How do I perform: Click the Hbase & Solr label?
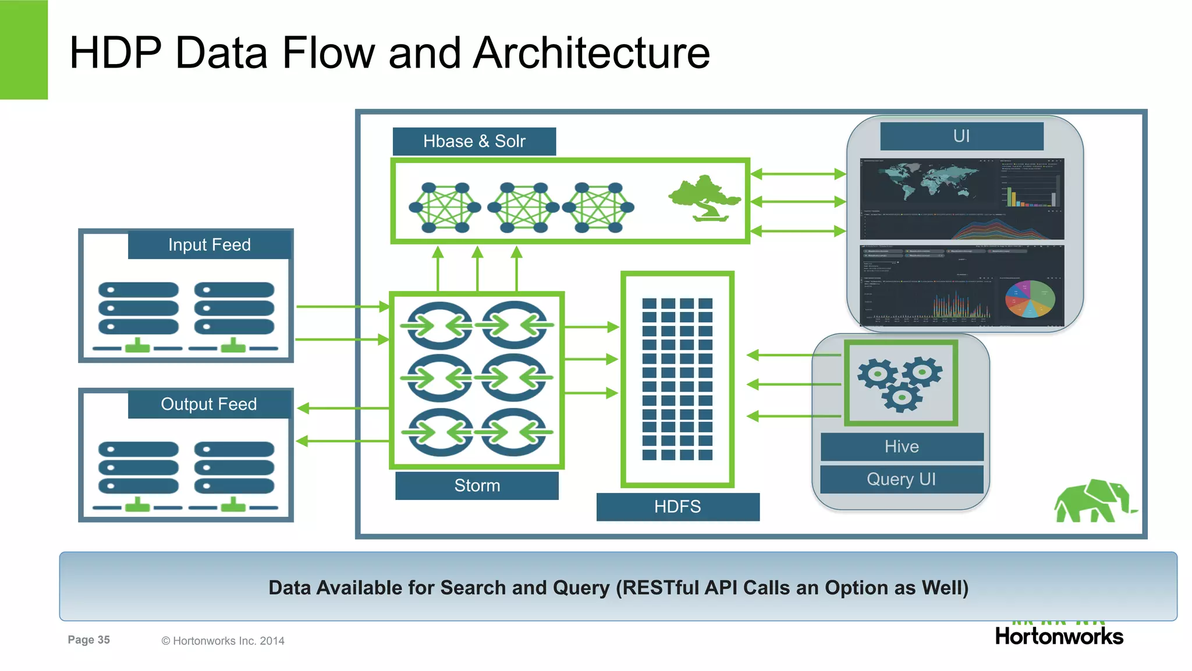tap(474, 141)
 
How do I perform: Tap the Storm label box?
tap(477, 485)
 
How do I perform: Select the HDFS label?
tap(677, 506)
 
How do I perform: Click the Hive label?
tap(902, 446)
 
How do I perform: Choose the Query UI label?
tap(901, 479)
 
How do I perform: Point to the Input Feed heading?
tap(209, 244)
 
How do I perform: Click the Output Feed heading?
tap(208, 404)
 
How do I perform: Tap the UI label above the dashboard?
tap(962, 136)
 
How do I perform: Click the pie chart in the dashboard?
tap(1030, 299)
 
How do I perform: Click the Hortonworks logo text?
tap(1059, 636)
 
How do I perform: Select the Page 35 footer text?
tap(88, 640)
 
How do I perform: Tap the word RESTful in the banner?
tap(661, 588)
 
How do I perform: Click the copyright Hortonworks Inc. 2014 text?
tap(223, 641)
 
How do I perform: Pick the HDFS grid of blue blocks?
tap(677, 379)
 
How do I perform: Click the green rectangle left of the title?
tap(23, 49)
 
